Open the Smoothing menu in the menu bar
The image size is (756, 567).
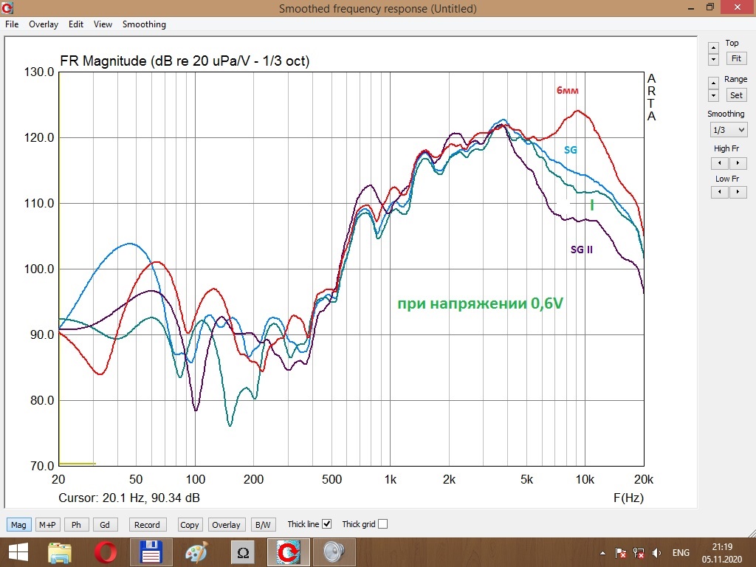[144, 24]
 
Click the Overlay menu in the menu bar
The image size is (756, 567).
[44, 24]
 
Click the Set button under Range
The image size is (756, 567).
[736, 95]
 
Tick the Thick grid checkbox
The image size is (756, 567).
[382, 525]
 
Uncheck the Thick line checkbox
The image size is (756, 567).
[327, 525]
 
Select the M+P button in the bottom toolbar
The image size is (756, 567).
[48, 525]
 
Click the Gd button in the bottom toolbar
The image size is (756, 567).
[105, 525]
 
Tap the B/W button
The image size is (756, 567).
[262, 525]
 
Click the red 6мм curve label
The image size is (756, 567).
[568, 91]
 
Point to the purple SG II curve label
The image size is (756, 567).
[582, 250]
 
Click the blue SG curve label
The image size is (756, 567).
[571, 150]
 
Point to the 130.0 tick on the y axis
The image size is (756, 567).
[39, 72]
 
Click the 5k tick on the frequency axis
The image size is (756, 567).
[526, 480]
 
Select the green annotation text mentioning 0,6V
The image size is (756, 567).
[480, 303]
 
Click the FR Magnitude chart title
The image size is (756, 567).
[184, 61]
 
